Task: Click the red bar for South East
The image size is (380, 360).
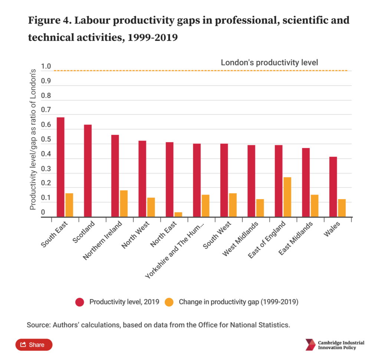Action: coord(60,167)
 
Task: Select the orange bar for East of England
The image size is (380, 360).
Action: coord(287,197)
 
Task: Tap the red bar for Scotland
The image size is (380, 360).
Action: coord(88,171)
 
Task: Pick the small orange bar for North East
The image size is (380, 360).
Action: coord(178,215)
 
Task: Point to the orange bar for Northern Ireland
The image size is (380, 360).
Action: coord(124,204)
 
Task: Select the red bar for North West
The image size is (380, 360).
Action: coord(142,179)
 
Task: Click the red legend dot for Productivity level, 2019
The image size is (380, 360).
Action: coord(80,302)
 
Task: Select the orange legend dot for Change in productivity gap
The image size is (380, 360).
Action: coord(170,302)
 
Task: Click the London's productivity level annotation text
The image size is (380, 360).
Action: coord(269,62)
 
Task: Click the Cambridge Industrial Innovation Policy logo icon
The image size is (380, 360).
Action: coord(310,345)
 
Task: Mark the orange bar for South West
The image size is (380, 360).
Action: coord(233,205)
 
